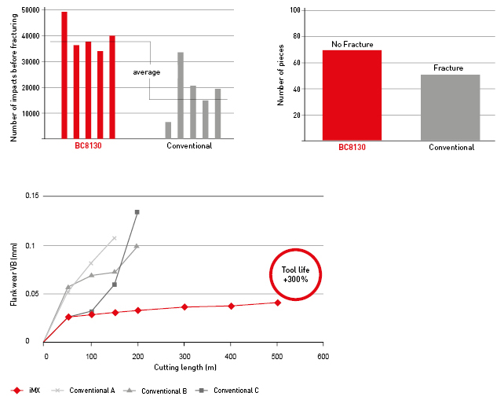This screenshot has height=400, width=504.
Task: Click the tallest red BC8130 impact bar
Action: [64, 75]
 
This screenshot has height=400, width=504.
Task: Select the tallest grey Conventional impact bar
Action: [181, 95]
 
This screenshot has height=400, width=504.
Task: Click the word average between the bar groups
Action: [146, 72]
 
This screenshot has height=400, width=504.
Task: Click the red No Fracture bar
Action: [352, 95]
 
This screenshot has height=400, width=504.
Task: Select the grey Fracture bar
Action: [451, 107]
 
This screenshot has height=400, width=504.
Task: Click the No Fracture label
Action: [352, 44]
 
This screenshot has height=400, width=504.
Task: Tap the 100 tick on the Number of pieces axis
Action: [297, 10]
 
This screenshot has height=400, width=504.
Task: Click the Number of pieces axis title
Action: [280, 75]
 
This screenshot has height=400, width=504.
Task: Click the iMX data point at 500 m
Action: [277, 303]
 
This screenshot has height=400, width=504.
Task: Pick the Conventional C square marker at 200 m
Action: [137, 212]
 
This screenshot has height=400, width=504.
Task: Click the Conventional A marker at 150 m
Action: [115, 238]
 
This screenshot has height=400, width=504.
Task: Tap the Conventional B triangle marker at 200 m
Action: [137, 246]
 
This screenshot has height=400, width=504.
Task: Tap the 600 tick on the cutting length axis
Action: [323, 356]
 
